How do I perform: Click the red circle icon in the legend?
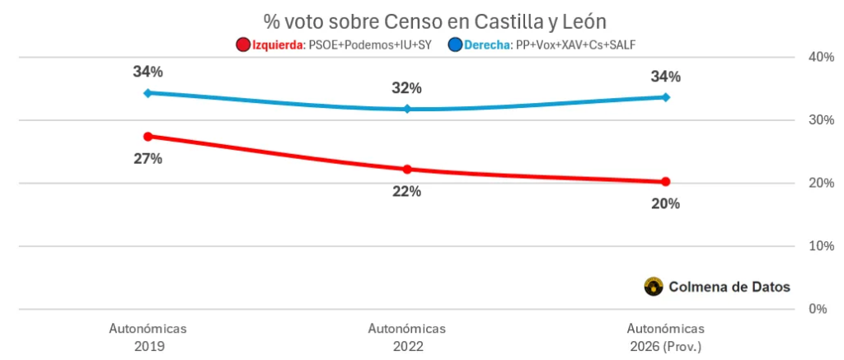242,44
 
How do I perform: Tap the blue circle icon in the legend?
455,44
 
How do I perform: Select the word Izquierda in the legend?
279,44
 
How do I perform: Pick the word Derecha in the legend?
489,44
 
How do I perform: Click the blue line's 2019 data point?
148,93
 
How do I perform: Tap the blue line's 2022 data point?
407,109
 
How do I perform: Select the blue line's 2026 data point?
665,97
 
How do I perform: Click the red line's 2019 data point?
148,136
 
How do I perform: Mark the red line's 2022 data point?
407,169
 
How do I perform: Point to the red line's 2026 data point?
665,182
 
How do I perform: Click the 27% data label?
148,159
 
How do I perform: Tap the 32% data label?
407,88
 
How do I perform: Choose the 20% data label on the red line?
665,204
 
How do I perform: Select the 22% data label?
407,191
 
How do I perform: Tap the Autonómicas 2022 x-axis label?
407,337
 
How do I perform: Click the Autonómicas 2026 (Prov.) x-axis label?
665,337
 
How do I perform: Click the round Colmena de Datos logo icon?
654,287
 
